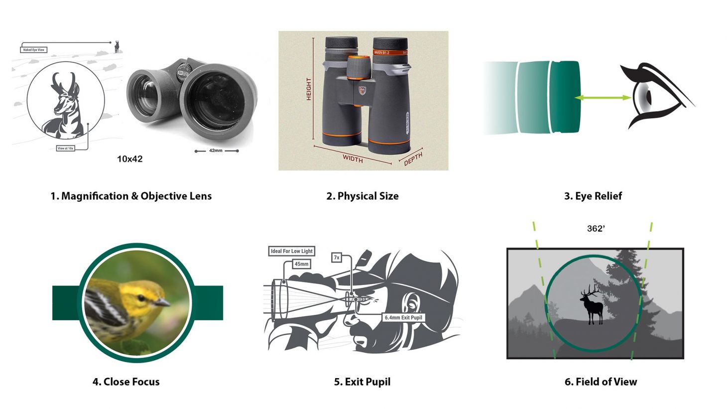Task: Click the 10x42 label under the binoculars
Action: pyautogui.click(x=129, y=159)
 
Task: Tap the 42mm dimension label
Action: pyautogui.click(x=216, y=150)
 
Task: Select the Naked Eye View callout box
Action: pyautogui.click(x=34, y=50)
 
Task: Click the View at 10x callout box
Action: pyautogui.click(x=66, y=148)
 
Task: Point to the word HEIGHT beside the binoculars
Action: pyautogui.click(x=309, y=89)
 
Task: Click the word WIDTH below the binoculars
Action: pyautogui.click(x=353, y=159)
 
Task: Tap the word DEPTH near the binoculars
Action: pyautogui.click(x=413, y=159)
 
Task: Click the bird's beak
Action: pyautogui.click(x=162, y=302)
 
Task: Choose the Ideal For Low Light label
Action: pyautogui.click(x=291, y=251)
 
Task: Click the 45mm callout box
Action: pyautogui.click(x=301, y=264)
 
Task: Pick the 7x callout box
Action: pyautogui.click(x=337, y=258)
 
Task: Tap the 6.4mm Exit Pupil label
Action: pyautogui.click(x=403, y=317)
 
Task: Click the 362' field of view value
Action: pyautogui.click(x=596, y=229)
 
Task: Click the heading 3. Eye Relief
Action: pyautogui.click(x=593, y=196)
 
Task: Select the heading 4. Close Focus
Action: pyautogui.click(x=126, y=382)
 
